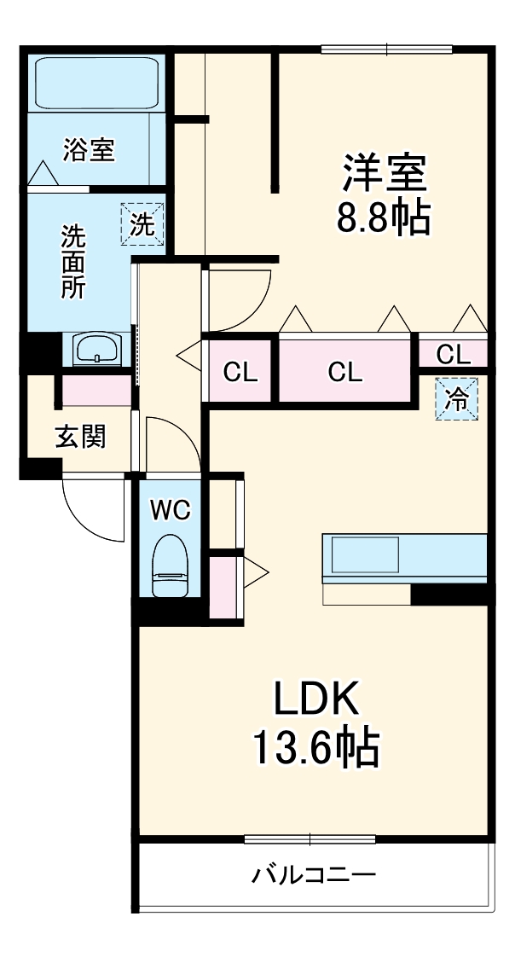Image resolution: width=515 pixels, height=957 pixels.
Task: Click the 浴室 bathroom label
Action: click(x=89, y=151)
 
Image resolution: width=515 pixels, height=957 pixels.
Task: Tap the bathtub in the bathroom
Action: click(x=95, y=82)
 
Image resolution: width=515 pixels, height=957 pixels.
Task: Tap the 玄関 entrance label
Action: click(x=81, y=437)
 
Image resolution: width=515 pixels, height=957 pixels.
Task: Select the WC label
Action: click(x=171, y=510)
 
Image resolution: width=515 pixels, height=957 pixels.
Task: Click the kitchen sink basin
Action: click(x=365, y=555)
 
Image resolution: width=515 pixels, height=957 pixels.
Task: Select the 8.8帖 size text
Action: click(x=384, y=219)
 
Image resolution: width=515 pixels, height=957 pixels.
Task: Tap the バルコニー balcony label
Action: click(x=313, y=875)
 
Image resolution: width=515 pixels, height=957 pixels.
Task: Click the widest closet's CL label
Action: click(x=345, y=372)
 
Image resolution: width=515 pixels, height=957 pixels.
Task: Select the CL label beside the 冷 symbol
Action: click(x=453, y=352)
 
